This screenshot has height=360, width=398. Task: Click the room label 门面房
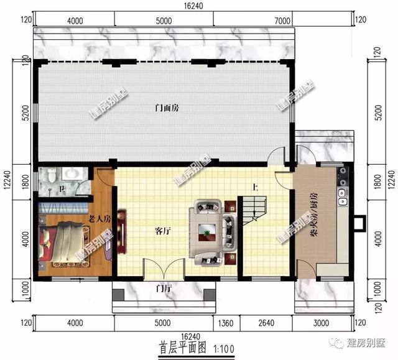pyautogui.click(x=167, y=108)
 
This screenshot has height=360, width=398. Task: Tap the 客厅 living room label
pyautogui.click(x=163, y=231)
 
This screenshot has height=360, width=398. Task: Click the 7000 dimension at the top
pyautogui.click(x=282, y=21)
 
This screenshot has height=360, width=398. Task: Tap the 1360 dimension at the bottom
pyautogui.click(x=228, y=323)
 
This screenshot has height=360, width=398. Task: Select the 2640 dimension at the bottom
pyautogui.click(x=266, y=323)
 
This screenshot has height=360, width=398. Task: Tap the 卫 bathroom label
pyautogui.click(x=60, y=188)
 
